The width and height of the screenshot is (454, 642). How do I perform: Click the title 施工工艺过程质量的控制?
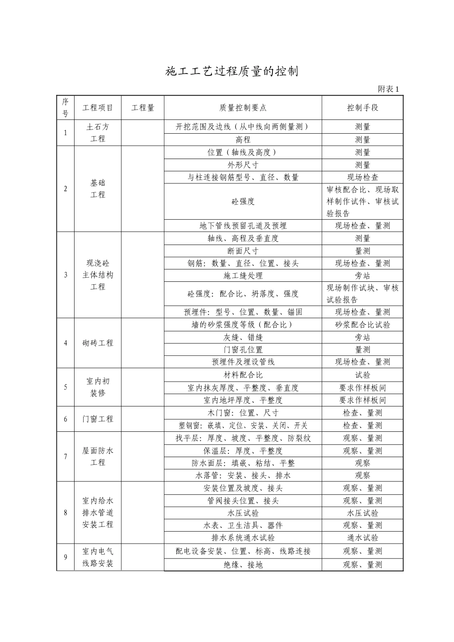(231, 72)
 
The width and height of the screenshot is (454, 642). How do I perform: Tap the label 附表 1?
(388, 89)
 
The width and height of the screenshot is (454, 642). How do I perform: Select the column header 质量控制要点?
(243, 108)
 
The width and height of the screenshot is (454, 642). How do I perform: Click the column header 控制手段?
(362, 108)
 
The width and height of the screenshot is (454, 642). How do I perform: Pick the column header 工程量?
(143, 108)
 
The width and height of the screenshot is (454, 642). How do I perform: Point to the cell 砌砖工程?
(97, 343)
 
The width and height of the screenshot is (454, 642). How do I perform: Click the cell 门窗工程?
(97, 419)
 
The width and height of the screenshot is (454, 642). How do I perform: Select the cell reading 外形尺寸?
(243, 165)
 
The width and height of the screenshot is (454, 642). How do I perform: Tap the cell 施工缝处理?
(243, 276)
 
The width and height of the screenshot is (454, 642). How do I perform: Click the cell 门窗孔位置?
(243, 350)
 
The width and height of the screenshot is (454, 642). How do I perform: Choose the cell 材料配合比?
(243, 375)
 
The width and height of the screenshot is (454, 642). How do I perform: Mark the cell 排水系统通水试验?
(243, 537)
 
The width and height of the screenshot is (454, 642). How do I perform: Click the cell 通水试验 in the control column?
(362, 537)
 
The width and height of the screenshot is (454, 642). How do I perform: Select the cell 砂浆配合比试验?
(362, 325)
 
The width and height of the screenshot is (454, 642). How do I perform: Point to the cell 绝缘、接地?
(243, 565)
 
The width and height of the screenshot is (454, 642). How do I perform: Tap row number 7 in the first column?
(65, 457)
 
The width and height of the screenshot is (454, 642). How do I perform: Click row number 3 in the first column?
(65, 275)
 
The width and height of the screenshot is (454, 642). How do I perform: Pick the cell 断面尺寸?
(243, 251)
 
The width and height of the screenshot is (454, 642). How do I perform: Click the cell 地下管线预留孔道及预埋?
(243, 226)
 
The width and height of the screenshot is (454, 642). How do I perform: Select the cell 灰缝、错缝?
(243, 337)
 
